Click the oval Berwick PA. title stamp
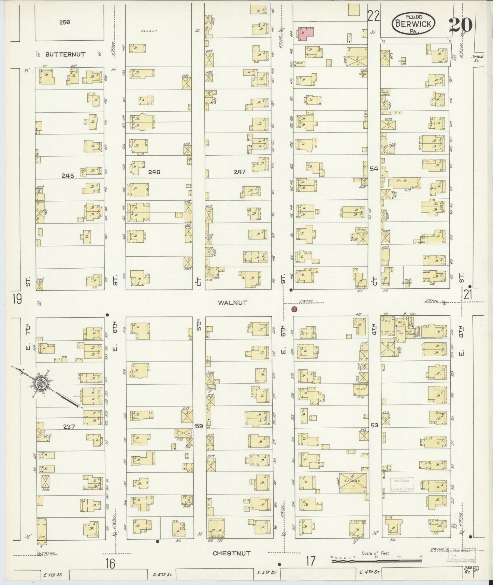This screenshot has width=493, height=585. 414,24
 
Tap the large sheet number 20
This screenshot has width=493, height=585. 460,25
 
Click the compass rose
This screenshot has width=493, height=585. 42,384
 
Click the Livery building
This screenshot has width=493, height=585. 353,482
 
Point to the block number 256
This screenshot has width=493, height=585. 64,23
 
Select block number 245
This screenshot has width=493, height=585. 68,176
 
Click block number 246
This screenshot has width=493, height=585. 154,172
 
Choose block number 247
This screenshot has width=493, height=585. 240,172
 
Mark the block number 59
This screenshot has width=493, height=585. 199,426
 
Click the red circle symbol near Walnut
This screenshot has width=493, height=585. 294,310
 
